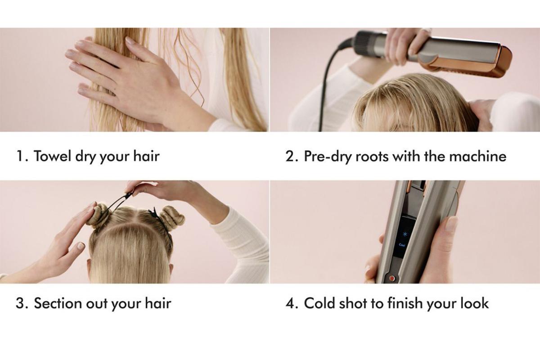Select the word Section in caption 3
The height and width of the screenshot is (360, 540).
point(58,303)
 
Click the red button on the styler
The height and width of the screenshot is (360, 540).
point(392,279)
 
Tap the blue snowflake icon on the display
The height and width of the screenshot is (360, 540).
point(405,234)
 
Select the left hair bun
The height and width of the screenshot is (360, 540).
point(98,215)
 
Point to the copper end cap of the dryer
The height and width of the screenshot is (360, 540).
point(490,62)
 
